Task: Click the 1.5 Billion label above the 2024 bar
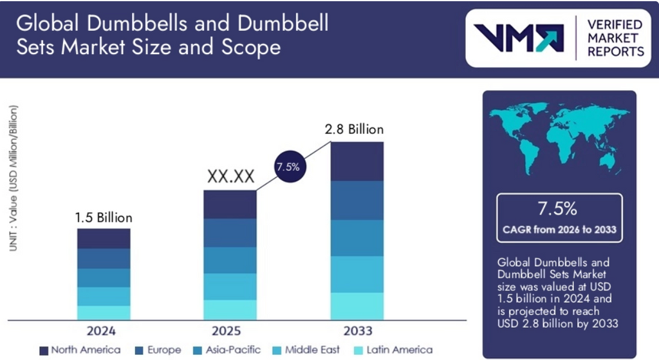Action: [104, 217]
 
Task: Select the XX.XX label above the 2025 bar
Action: [230, 176]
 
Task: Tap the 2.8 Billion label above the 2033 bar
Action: [357, 129]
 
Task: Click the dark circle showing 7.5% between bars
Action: [287, 167]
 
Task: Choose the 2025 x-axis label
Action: [230, 331]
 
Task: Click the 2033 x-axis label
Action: [357, 331]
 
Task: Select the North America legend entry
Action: [80, 350]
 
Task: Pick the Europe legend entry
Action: [158, 350]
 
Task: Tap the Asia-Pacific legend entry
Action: [228, 350]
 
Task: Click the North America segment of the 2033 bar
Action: [357, 161]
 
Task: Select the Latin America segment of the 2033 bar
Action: [357, 306]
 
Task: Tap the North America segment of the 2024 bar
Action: [104, 238]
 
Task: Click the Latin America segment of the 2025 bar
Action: [230, 309]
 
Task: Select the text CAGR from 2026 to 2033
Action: [559, 230]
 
